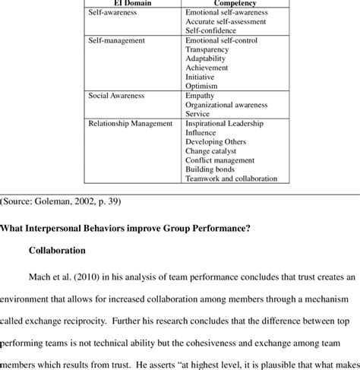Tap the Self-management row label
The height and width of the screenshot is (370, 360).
(116, 40)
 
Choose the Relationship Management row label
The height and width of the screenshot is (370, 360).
(131, 124)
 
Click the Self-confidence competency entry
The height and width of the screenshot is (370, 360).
(211, 31)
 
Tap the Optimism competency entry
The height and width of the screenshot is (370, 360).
(201, 86)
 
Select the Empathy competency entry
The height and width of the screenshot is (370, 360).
(201, 96)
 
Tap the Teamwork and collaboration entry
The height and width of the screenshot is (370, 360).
(231, 179)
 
